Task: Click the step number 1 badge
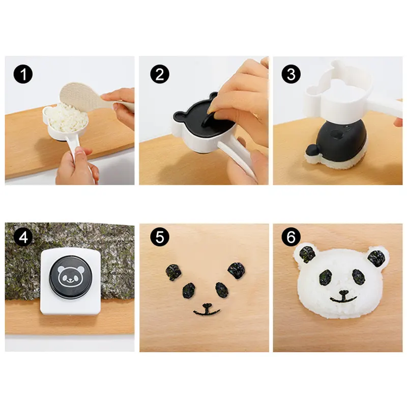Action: click(x=23, y=74)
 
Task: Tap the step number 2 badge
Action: click(x=160, y=74)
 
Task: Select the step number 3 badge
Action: click(x=291, y=74)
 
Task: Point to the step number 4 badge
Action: click(x=23, y=237)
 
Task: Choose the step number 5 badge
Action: click(x=160, y=237)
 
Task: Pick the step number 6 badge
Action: click(x=291, y=237)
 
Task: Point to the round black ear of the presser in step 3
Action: click(x=311, y=151)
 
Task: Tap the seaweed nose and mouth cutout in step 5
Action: click(x=207, y=309)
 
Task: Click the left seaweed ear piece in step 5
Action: click(x=173, y=272)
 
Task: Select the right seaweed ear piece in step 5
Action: click(x=237, y=271)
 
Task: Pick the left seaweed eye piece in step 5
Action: click(x=189, y=290)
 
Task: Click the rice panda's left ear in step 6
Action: click(x=307, y=253)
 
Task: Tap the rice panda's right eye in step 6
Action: click(x=359, y=276)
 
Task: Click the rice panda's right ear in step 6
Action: click(x=376, y=258)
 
